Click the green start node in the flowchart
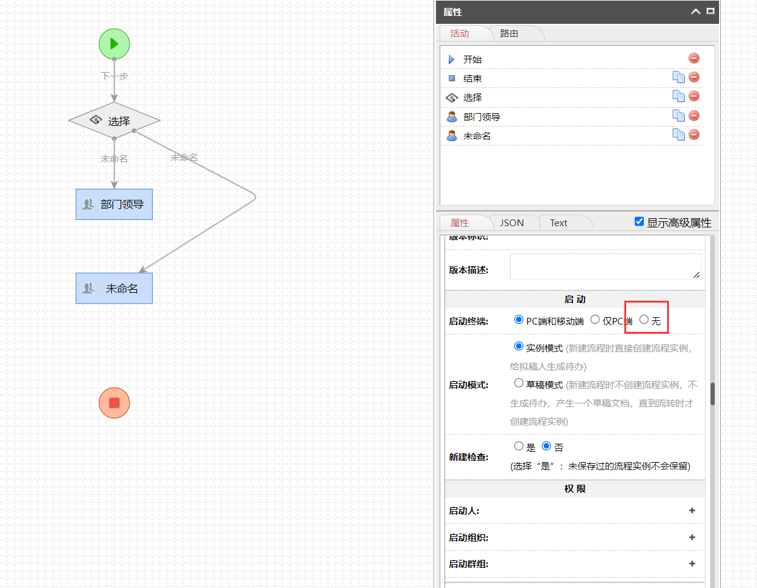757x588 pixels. pyautogui.click(x=114, y=44)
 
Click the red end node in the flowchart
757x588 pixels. pyautogui.click(x=114, y=403)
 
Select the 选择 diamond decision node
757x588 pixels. pyautogui.click(x=114, y=121)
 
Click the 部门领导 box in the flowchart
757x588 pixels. pyautogui.click(x=114, y=204)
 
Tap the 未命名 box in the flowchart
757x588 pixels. pyautogui.click(x=114, y=288)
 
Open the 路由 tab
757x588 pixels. pyautogui.click(x=509, y=34)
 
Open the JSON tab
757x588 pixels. pyautogui.click(x=512, y=223)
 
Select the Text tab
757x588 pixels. pyautogui.click(x=558, y=223)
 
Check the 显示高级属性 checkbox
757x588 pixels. pyautogui.click(x=640, y=221)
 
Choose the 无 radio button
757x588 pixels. pyautogui.click(x=644, y=320)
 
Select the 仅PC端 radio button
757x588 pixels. pyautogui.click(x=595, y=320)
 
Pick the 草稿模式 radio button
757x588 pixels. pyautogui.click(x=519, y=383)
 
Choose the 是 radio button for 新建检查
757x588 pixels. pyautogui.click(x=519, y=446)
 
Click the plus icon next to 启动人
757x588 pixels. pyautogui.click(x=692, y=510)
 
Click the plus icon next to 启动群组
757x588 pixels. pyautogui.click(x=692, y=564)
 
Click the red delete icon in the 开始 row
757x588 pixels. pyautogui.click(x=694, y=58)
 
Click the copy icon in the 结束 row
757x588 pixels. pyautogui.click(x=678, y=77)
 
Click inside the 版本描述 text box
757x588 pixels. pyautogui.click(x=605, y=267)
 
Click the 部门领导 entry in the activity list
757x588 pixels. pyautogui.click(x=482, y=117)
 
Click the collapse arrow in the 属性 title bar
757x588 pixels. pyautogui.click(x=696, y=12)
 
